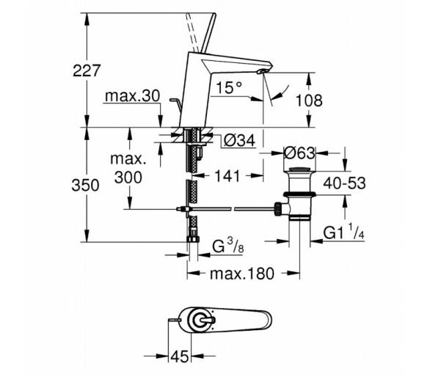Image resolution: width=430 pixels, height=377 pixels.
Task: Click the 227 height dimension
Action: pos(87,70)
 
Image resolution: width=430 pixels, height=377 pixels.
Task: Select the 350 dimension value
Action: pos(85,186)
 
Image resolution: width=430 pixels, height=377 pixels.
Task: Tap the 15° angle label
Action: pos(229,88)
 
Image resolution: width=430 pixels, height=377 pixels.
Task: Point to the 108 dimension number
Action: pos(309,100)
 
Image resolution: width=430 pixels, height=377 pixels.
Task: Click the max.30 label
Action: pos(133,96)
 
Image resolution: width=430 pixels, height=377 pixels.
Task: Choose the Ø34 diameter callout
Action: pos(239,141)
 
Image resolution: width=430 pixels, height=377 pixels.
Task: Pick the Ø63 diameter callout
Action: pos(299,153)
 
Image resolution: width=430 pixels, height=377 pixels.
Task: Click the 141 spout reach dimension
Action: pos(227,175)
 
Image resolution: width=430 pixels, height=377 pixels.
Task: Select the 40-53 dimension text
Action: pos(345,183)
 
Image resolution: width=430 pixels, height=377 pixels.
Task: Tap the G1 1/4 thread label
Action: pos(344,232)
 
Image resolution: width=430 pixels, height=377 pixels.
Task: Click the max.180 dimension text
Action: pos(242,274)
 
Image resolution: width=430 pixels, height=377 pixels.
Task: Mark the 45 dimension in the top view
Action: pos(180,356)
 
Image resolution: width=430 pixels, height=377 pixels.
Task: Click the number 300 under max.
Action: pos(128,177)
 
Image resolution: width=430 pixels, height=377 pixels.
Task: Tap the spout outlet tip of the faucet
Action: pos(261,72)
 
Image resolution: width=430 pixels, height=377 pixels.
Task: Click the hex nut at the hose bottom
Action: pos(193,238)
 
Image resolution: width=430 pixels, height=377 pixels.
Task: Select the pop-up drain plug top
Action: pos(299,169)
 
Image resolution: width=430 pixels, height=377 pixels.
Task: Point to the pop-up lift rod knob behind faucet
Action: pos(175,100)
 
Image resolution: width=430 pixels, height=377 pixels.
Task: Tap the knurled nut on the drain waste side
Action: pos(278,209)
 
